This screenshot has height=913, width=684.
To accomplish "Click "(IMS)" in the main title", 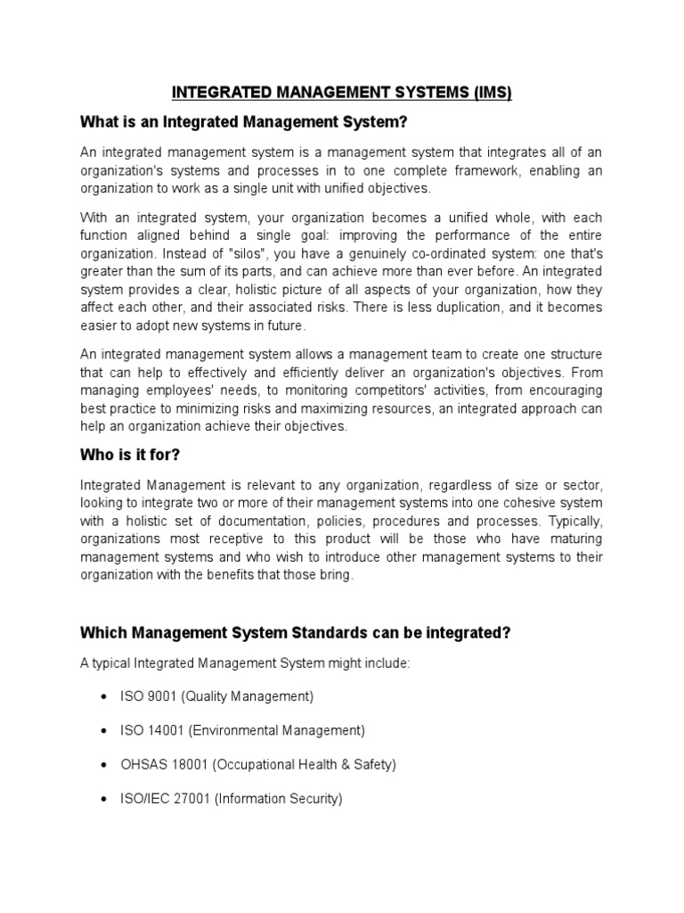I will point(489,92).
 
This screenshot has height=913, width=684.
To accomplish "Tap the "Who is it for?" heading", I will point(130,455).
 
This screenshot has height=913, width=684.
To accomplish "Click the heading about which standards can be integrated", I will point(295,632).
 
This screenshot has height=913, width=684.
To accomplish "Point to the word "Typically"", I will point(574,521).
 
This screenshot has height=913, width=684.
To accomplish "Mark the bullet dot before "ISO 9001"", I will point(106,695).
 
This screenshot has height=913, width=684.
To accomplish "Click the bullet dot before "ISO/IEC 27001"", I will point(106,800).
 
